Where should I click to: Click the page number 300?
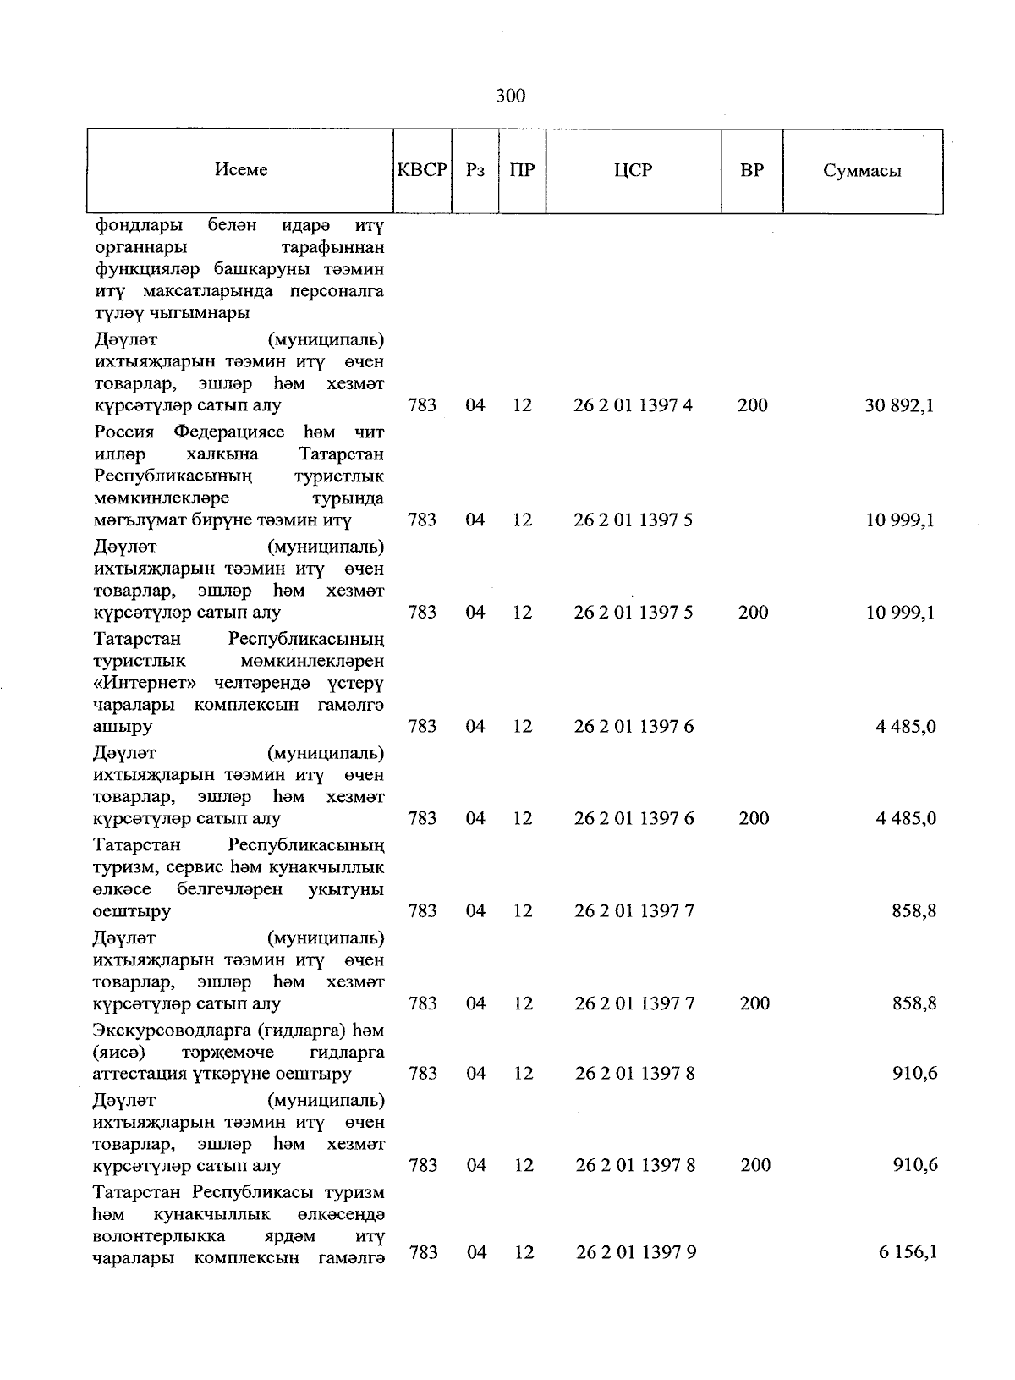point(510,96)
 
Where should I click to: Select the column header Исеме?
point(241,169)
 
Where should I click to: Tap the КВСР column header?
point(422,169)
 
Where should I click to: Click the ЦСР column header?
point(633,170)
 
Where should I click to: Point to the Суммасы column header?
point(862,171)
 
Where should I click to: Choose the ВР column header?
point(751,170)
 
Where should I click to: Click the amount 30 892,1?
point(899,405)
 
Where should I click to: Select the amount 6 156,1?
point(907,1252)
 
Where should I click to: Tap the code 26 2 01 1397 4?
point(633,405)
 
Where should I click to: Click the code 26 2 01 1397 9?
point(635,1252)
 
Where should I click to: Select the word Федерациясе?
point(229,432)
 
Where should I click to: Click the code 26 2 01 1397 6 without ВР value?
point(634,726)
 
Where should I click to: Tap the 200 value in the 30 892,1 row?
point(752,405)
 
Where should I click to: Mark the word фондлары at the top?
point(137,226)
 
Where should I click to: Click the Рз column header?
point(475,170)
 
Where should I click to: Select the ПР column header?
point(522,170)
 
